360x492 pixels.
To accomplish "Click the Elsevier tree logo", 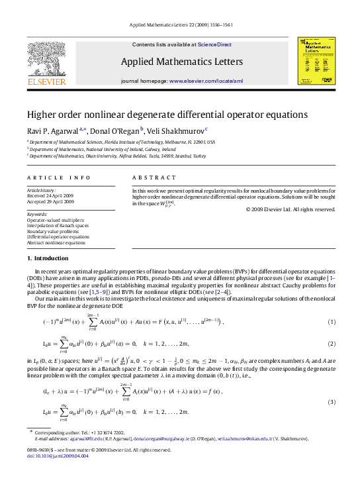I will coord(46,61).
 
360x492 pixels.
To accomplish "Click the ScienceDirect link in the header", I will coord(215,44).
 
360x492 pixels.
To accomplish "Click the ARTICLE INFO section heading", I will coord(50,177).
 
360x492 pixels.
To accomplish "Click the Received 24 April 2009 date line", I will coord(51,195).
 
